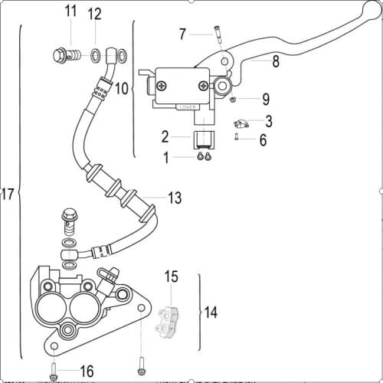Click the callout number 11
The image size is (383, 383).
pyautogui.click(x=70, y=11)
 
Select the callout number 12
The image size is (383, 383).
pyautogui.click(x=94, y=15)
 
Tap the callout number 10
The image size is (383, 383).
pyautogui.click(x=121, y=89)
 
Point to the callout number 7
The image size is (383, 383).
pyautogui.click(x=182, y=34)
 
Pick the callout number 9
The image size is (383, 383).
pyautogui.click(x=265, y=99)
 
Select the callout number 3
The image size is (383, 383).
pyautogui.click(x=268, y=121)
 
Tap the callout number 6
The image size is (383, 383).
pyautogui.click(x=263, y=139)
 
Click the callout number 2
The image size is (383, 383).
pyautogui.click(x=165, y=137)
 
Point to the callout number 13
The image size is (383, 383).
pyautogui.click(x=175, y=198)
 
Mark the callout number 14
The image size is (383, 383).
pyautogui.click(x=211, y=312)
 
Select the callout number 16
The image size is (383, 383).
pyautogui.click(x=87, y=372)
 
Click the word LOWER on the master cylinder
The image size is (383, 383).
pyautogui.click(x=188, y=107)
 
